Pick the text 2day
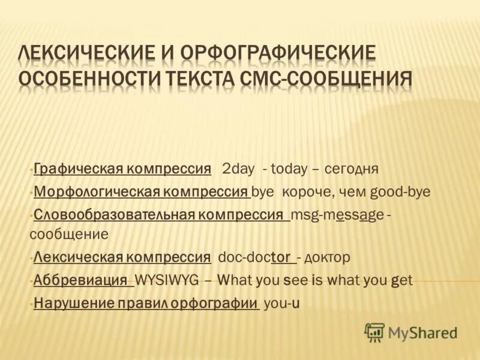[238, 169]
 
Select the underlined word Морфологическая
[95, 192]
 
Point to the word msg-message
[337, 215]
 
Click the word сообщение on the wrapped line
[69, 234]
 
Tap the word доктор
[327, 257]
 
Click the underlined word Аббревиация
[80, 280]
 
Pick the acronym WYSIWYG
[166, 280]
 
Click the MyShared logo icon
[374, 332]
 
